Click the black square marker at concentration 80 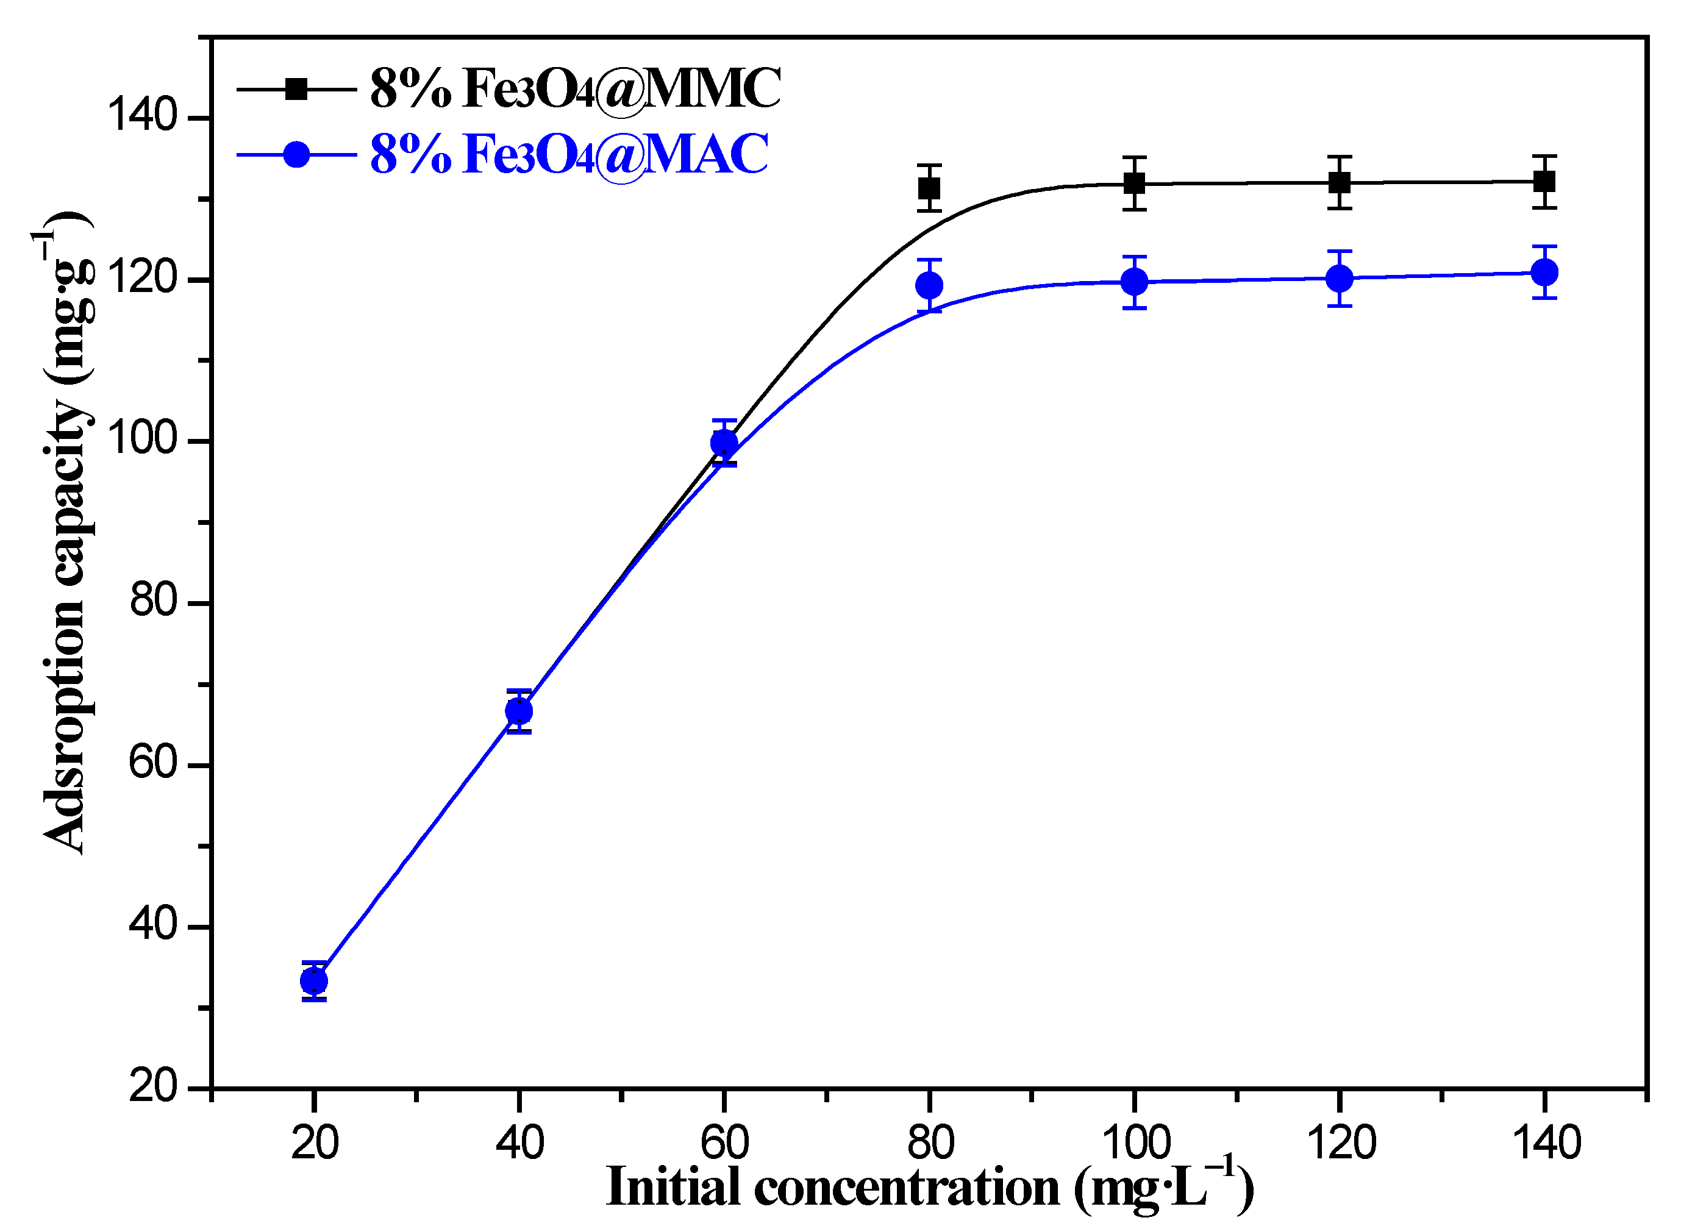tap(929, 188)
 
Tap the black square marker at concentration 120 tap(1339, 182)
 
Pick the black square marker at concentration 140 tap(1544, 181)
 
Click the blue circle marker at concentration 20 tap(314, 981)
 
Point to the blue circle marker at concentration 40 tap(519, 711)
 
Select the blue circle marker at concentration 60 tap(724, 443)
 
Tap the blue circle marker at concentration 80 tap(929, 285)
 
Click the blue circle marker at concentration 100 tap(1134, 281)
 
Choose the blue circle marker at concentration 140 tap(1544, 273)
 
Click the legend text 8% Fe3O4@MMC tap(575, 89)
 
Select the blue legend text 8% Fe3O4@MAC tap(569, 154)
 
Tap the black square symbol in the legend tap(296, 89)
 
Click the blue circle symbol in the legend tap(296, 154)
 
